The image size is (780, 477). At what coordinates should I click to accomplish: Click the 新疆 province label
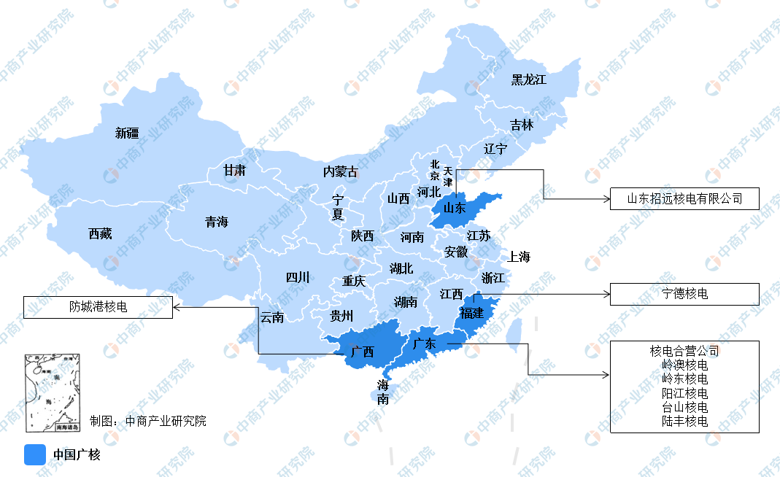[127, 133]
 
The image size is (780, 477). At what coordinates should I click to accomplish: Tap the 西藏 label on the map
[100, 234]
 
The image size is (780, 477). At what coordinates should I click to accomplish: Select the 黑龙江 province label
[528, 79]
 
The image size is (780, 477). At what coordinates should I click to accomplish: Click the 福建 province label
[471, 314]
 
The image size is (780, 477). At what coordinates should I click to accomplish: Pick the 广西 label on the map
[362, 352]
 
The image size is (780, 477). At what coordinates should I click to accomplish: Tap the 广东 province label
[424, 344]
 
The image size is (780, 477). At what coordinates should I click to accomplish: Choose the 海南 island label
[383, 392]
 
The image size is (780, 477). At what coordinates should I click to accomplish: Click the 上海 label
[519, 257]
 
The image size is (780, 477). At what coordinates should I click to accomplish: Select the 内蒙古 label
[341, 171]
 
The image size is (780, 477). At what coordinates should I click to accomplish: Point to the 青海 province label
[216, 222]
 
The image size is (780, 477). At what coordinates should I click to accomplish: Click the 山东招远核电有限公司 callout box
[684, 198]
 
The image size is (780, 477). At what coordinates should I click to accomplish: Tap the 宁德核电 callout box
[684, 294]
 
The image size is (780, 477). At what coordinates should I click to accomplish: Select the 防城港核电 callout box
[98, 307]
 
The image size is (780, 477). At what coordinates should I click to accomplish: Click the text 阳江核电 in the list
[684, 393]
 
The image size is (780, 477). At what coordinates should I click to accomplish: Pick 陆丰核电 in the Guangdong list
[684, 421]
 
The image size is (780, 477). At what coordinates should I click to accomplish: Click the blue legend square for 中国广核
[35, 454]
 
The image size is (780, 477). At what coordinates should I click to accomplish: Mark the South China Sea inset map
[52, 394]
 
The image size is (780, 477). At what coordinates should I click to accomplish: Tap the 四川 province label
[297, 277]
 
